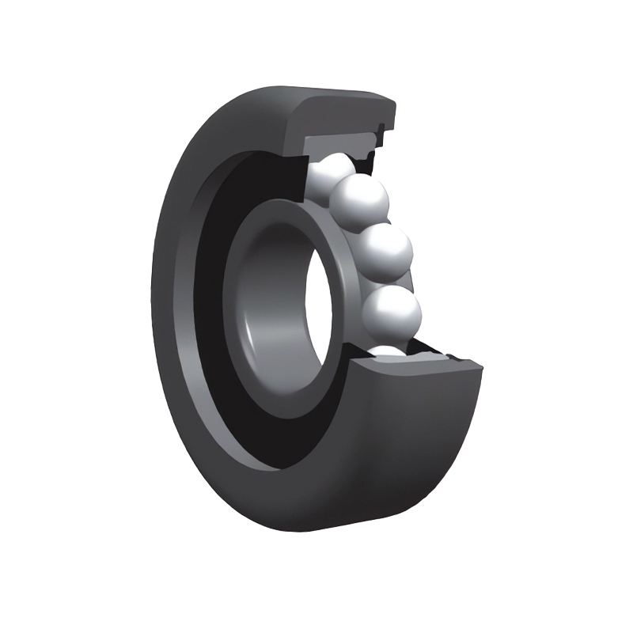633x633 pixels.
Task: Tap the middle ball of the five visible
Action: pos(386,252)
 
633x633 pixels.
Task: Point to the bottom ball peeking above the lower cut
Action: pos(388,349)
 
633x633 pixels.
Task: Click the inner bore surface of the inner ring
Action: pos(273,309)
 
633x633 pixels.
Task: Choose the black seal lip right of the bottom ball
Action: pos(427,348)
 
